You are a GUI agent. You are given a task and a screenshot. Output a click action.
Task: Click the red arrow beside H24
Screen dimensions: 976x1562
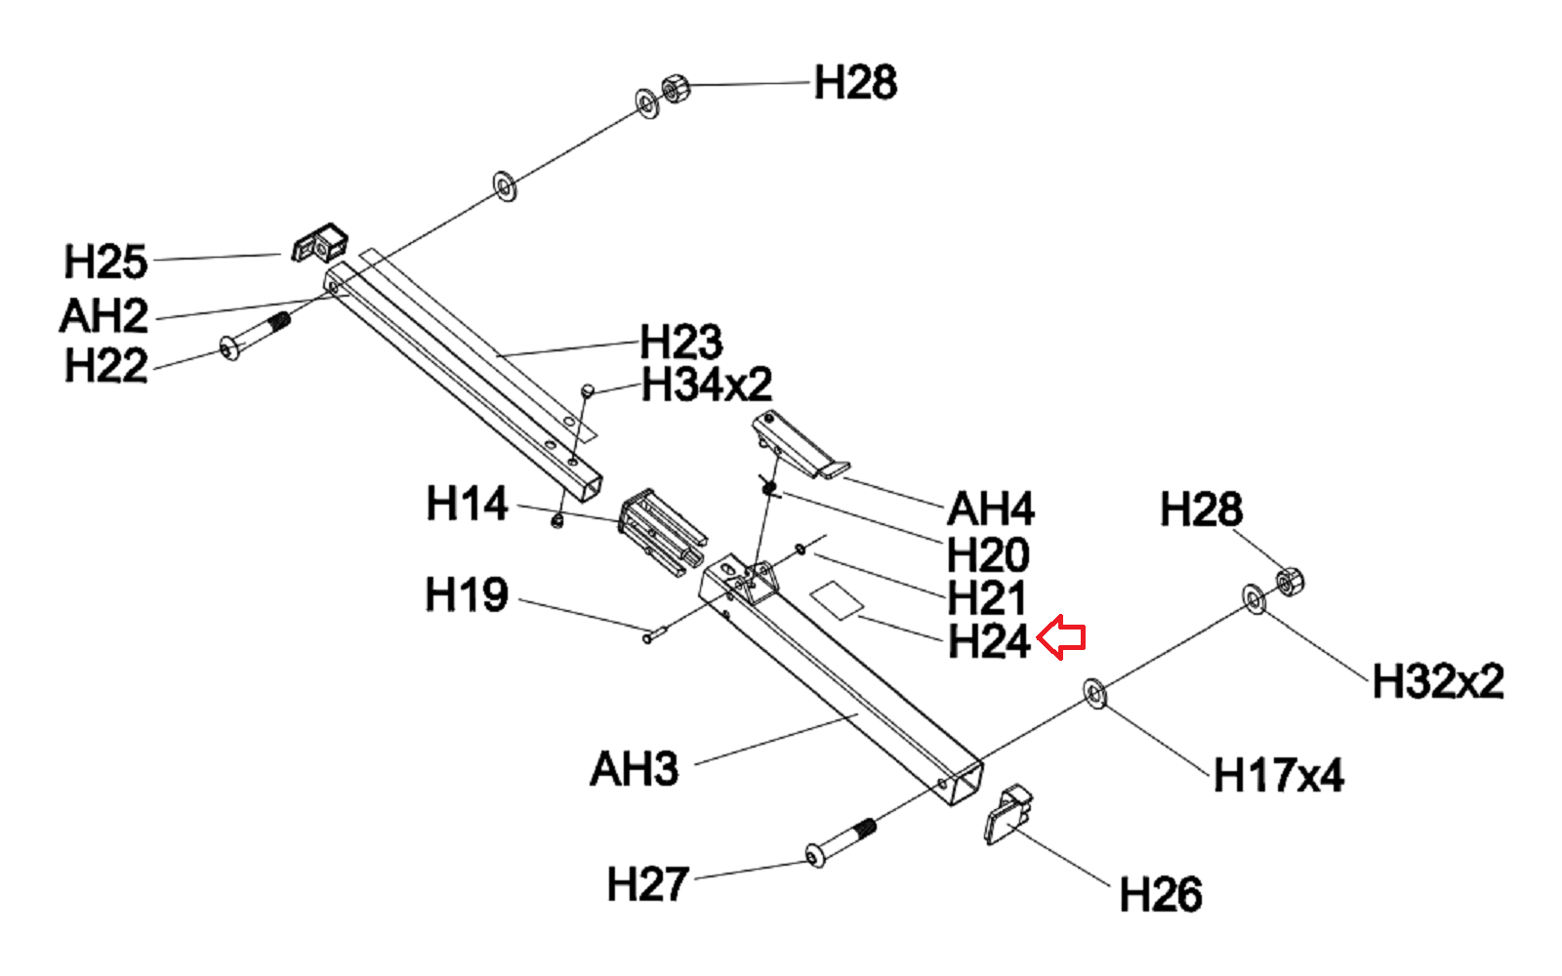[1061, 638]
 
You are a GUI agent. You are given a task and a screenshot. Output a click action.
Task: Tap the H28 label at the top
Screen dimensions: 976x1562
[855, 83]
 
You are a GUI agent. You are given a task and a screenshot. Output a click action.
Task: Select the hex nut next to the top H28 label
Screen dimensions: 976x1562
[675, 90]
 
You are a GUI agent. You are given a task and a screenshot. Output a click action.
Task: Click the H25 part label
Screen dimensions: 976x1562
[105, 262]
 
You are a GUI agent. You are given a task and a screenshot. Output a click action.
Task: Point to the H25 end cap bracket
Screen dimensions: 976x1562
[319, 244]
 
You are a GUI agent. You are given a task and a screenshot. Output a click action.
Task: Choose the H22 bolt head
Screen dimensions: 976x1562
[229, 348]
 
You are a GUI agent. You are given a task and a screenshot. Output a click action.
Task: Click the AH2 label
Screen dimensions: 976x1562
[103, 316]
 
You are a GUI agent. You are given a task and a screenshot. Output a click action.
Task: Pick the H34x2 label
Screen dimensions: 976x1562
[707, 385]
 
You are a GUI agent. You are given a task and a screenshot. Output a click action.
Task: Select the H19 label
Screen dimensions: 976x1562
[467, 594]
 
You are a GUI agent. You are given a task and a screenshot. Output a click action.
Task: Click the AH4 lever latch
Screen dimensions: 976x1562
[801, 446]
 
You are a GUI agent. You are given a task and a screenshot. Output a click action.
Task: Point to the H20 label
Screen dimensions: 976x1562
[988, 554]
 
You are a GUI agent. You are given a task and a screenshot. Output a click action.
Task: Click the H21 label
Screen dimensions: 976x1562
[986, 598]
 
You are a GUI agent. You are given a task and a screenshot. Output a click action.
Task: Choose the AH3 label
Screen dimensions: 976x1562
[634, 769]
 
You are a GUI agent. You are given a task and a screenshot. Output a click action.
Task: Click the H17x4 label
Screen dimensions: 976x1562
[1278, 776]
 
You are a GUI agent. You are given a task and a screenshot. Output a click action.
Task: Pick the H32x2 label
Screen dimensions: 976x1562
[1437, 681]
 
